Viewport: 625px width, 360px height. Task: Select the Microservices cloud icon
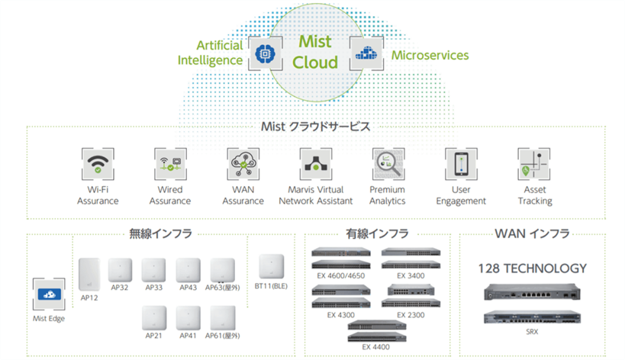[x=366, y=53]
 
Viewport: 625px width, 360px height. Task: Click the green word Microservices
[x=430, y=55]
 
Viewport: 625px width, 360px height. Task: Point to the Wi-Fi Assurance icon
[x=97, y=164]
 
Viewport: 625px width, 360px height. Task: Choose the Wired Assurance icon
[x=170, y=164]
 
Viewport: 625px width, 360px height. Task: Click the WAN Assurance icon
[x=243, y=164]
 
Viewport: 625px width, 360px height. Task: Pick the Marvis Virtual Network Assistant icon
[x=315, y=164]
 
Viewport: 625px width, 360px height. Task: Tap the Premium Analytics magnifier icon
[x=388, y=164]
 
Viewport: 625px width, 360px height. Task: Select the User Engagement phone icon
[x=461, y=164]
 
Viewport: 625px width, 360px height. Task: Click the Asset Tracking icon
[x=533, y=164]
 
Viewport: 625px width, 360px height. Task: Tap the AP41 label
[x=188, y=336]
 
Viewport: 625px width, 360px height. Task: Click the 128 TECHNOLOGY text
[x=532, y=268]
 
